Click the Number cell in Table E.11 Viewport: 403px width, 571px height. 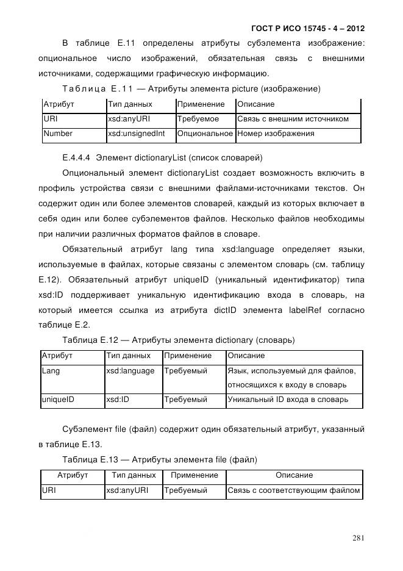tap(59, 134)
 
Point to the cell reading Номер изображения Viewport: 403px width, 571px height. tap(276, 134)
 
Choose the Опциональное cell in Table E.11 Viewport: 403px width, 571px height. tap(205, 134)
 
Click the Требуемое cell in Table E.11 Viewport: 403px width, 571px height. tap(198, 119)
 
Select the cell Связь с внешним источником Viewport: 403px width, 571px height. tap(293, 119)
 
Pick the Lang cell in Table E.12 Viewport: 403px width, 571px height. tap(51, 371)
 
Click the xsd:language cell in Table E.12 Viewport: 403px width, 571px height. tap(130, 371)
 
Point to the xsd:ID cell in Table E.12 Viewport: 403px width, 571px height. tap(118, 400)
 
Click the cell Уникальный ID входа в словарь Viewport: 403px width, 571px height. tap(288, 400)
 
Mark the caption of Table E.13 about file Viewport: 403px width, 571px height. tap(160, 459)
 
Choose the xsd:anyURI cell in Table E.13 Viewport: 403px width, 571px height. tap(127, 490)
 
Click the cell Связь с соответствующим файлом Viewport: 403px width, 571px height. tap(293, 490)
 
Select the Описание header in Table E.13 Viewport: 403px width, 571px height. tap(294, 475)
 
